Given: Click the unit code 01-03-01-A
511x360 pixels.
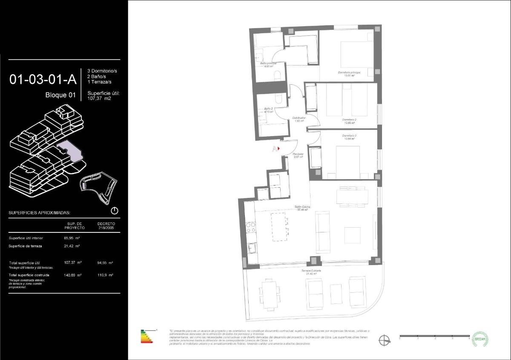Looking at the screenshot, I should click(x=43, y=79).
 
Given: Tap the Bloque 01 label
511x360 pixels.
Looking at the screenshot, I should click(x=60, y=95).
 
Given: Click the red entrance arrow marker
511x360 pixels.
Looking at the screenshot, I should click(x=278, y=149).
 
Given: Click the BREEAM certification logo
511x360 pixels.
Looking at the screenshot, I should click(x=480, y=339).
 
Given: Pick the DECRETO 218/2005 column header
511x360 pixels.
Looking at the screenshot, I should click(x=106, y=226).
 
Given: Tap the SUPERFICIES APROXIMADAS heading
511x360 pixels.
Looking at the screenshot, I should click(x=39, y=212).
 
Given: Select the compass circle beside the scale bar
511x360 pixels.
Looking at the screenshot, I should click(x=385, y=339).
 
